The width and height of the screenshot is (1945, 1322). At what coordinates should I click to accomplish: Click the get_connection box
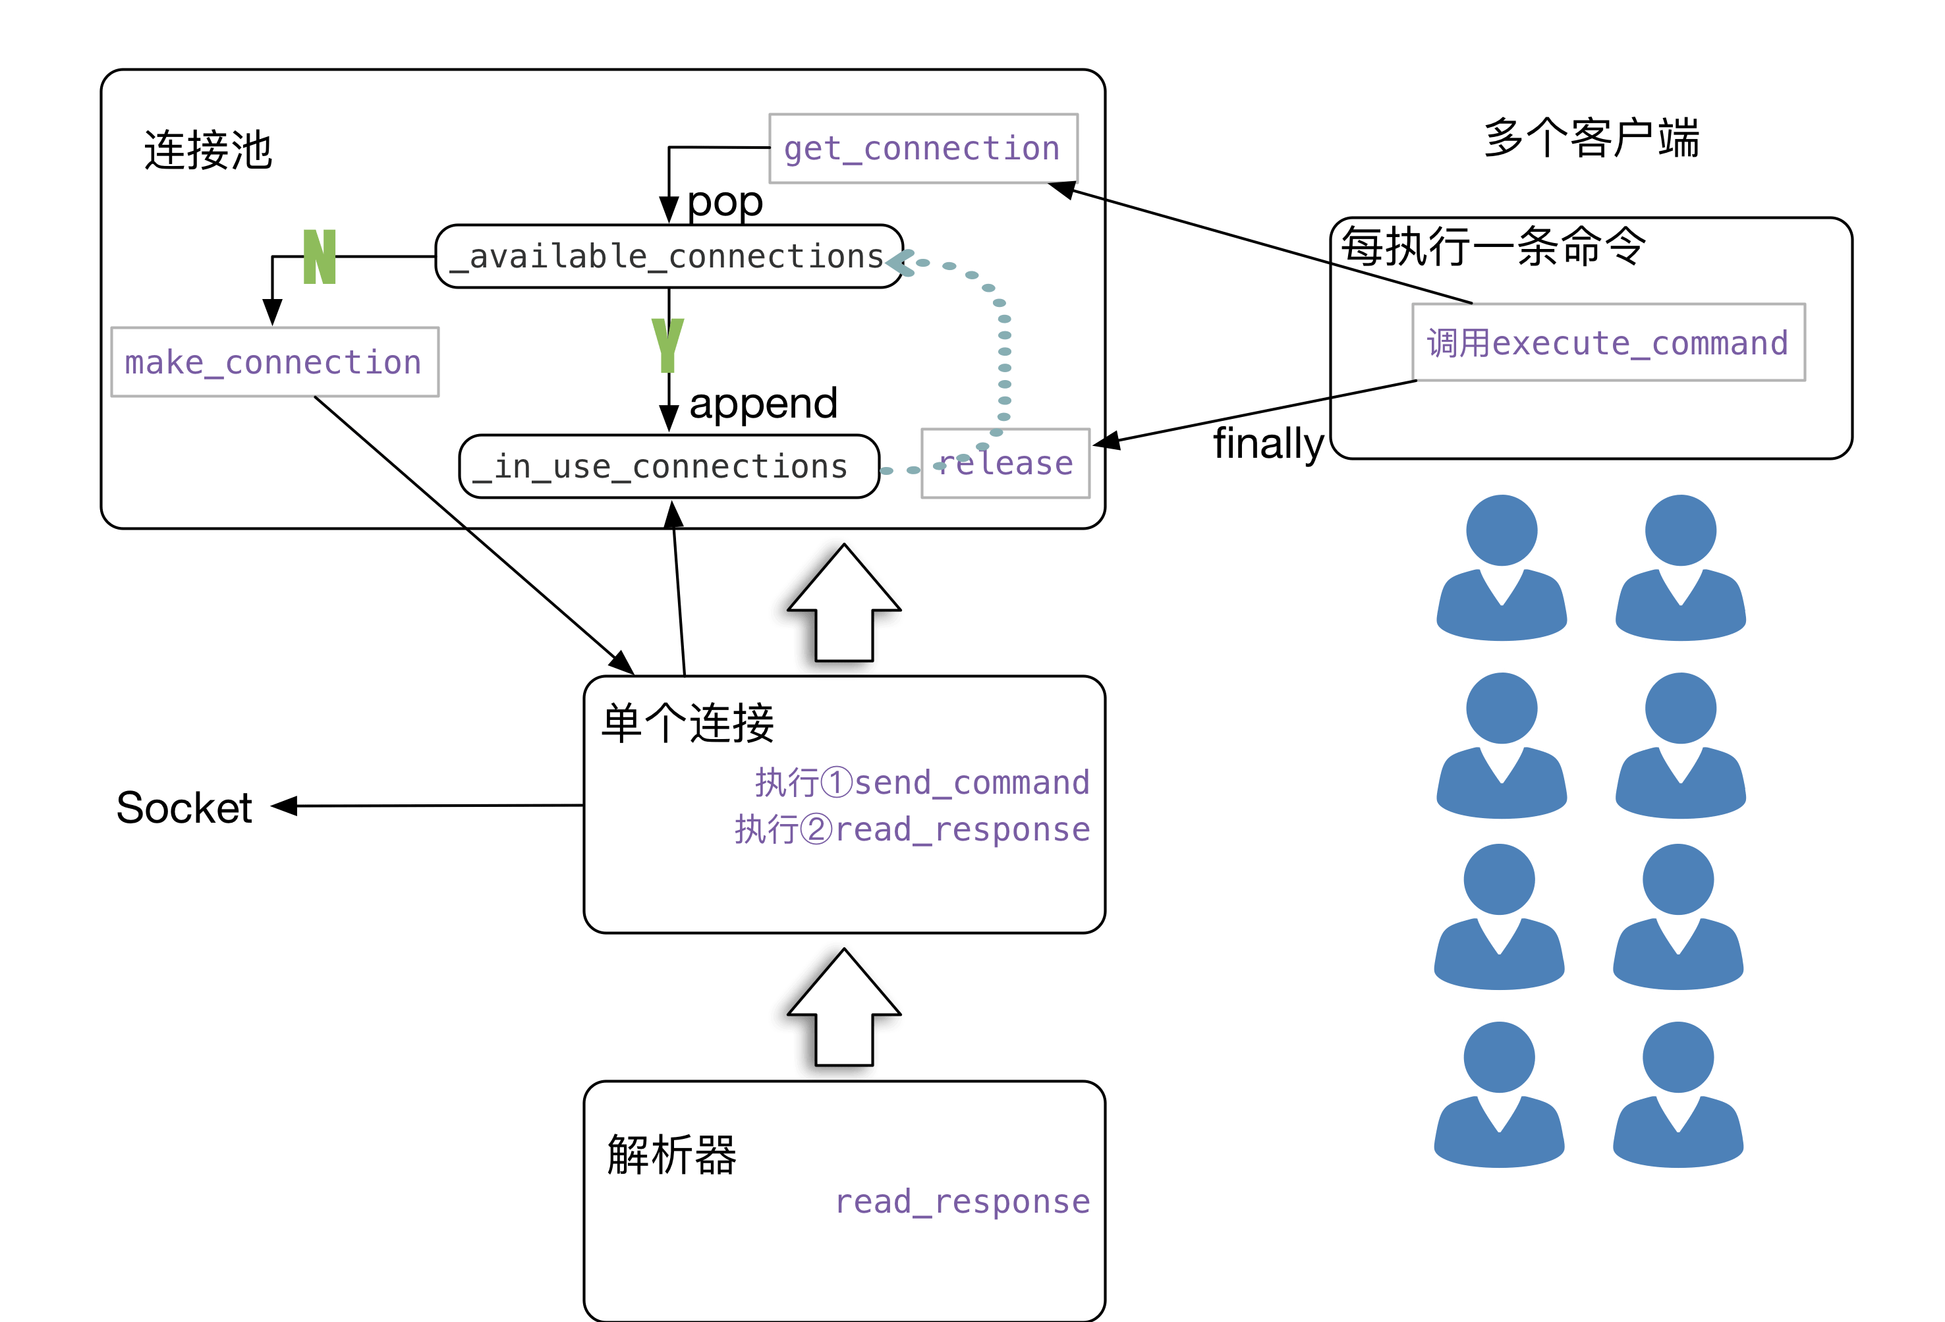tap(922, 148)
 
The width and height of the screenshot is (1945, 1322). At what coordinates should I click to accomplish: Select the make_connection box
tap(275, 362)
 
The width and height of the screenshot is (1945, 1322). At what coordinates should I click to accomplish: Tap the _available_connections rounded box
tap(669, 256)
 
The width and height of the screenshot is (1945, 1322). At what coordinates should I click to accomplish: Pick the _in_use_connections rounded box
tap(669, 466)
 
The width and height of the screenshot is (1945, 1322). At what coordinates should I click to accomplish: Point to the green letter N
tap(320, 257)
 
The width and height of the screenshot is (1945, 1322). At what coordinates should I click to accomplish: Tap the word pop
tap(725, 202)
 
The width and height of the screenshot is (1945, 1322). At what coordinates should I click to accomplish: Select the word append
tap(762, 403)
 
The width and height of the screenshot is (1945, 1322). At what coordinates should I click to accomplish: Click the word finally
tap(1267, 443)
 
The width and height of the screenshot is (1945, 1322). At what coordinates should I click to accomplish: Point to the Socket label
tap(183, 808)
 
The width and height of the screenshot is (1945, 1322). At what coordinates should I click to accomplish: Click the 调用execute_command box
tap(1608, 343)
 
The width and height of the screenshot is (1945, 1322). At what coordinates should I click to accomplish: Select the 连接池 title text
tap(208, 151)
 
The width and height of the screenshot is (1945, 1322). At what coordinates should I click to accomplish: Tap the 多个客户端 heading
tap(1591, 138)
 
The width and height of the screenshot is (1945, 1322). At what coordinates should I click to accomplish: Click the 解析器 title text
tap(671, 1155)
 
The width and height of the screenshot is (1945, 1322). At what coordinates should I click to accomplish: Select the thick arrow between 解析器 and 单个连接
tap(837, 1012)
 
